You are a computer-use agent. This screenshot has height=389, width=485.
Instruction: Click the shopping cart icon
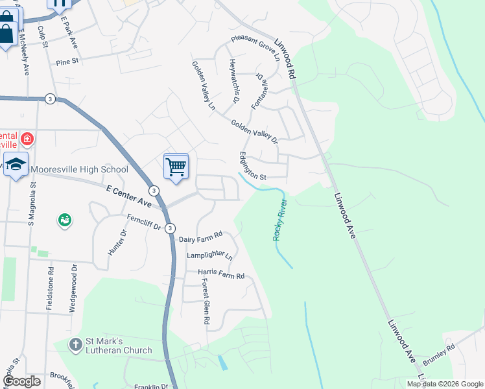tap(176, 166)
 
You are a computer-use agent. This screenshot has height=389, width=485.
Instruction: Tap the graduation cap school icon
tap(16, 165)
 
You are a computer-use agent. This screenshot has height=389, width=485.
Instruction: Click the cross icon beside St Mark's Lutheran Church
tap(75, 344)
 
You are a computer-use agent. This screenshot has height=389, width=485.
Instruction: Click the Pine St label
tap(67, 62)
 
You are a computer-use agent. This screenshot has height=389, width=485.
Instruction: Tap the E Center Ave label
tap(128, 197)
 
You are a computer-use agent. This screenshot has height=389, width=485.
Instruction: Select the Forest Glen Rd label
tap(205, 301)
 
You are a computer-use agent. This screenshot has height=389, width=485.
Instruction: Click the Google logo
tap(21, 381)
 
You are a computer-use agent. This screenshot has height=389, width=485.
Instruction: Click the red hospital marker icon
tap(27, 138)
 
